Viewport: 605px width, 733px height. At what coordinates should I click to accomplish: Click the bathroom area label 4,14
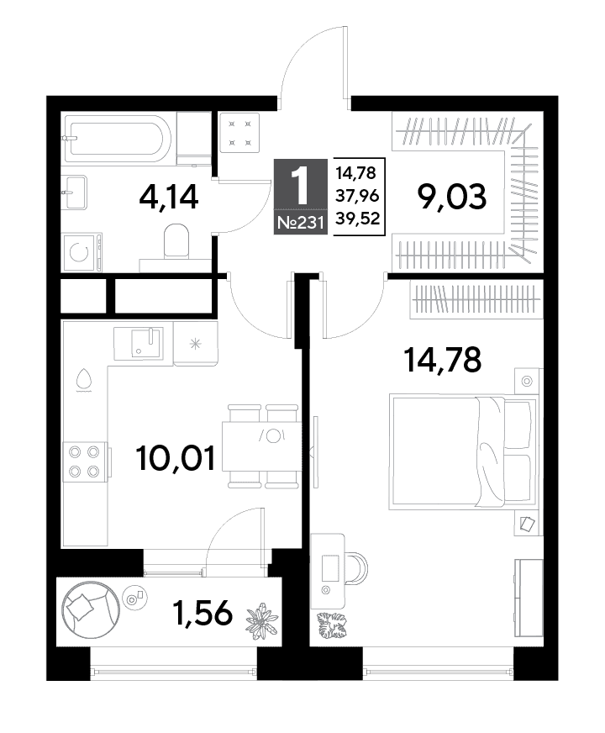tap(169, 198)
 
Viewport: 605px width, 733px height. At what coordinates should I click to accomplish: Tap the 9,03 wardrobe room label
tap(452, 198)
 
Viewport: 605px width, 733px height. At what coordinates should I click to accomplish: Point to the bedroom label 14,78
tap(443, 360)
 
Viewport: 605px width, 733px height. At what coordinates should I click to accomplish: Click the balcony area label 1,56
tap(203, 613)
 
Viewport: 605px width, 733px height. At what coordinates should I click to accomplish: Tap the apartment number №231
tap(300, 223)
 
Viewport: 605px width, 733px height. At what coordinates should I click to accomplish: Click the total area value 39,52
tap(357, 219)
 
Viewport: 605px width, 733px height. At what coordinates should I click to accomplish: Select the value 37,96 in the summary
tap(357, 195)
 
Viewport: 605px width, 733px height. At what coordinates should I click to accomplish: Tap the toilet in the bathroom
tap(176, 240)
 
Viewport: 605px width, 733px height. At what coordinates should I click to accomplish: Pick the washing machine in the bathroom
tap(82, 252)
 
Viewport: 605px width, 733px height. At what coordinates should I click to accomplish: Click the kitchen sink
tap(139, 344)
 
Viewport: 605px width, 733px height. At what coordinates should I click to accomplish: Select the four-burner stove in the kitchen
tap(86, 460)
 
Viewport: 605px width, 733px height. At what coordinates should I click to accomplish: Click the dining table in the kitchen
tap(260, 446)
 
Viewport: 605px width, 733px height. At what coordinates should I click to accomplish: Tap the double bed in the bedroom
tap(463, 452)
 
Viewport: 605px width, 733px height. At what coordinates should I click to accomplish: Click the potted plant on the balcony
tap(262, 621)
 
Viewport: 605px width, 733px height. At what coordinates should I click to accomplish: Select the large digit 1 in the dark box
tap(300, 186)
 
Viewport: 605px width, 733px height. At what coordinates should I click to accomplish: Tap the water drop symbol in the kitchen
tap(84, 379)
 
